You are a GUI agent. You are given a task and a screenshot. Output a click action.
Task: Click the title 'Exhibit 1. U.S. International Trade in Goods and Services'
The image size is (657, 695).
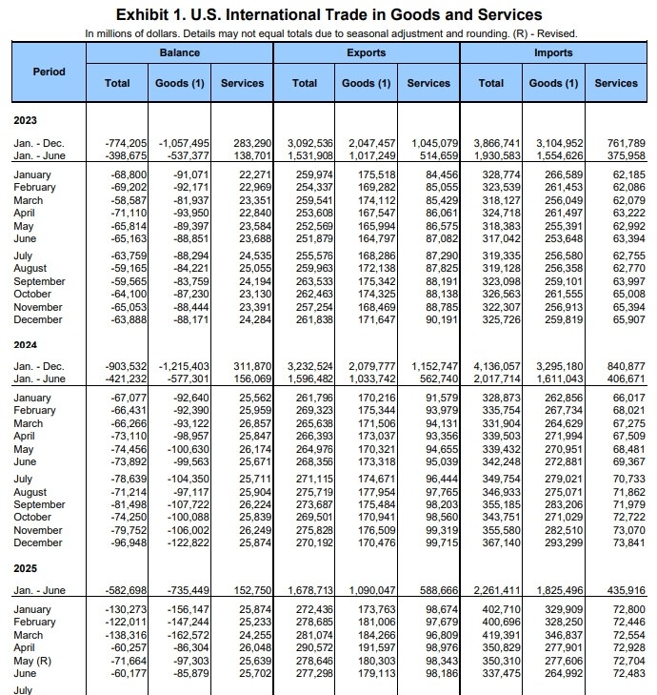click(x=328, y=14)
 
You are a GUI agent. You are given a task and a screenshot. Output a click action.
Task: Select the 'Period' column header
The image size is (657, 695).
click(x=49, y=72)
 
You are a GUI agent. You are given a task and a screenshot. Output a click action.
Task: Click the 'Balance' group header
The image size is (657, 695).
click(x=180, y=53)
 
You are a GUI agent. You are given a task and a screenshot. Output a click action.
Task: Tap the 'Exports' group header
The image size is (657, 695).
click(x=367, y=53)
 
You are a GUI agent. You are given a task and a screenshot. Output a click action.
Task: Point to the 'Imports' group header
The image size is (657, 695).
click(x=553, y=53)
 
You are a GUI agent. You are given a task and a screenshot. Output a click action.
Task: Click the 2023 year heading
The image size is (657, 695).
click(x=27, y=120)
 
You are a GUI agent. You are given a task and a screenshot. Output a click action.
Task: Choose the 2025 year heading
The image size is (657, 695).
click(x=27, y=567)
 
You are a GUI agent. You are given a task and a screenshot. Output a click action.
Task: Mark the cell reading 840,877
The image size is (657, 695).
click(x=620, y=366)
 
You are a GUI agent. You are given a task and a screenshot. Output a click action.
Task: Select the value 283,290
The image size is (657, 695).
click(x=249, y=143)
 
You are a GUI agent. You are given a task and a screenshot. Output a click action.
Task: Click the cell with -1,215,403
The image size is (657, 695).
click(x=184, y=366)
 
